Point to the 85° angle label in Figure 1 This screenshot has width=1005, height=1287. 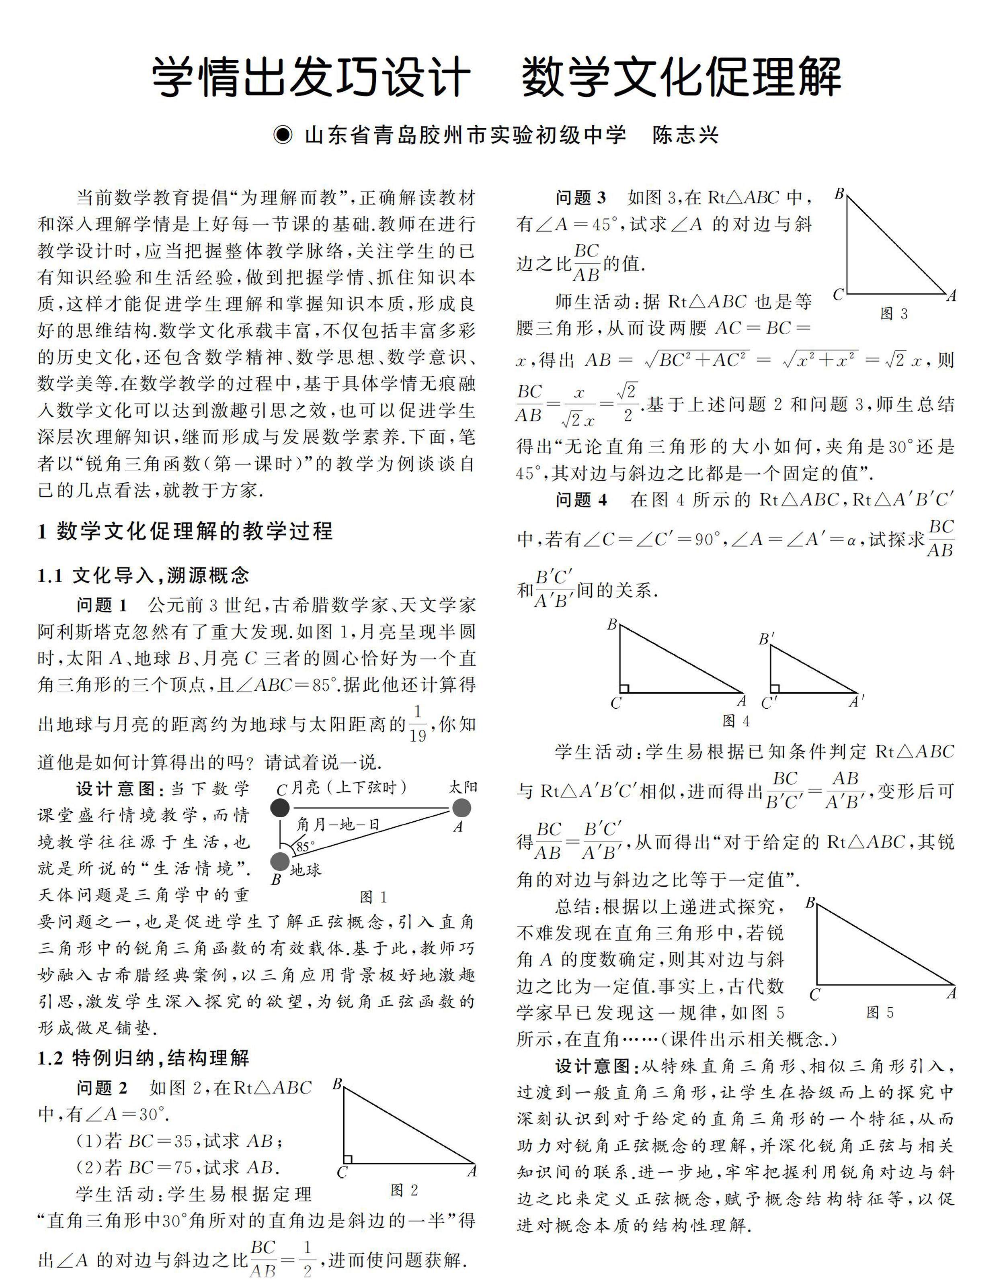pyautogui.click(x=306, y=847)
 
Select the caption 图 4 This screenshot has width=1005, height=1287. pyautogui.click(x=736, y=721)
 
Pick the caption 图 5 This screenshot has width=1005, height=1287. pyautogui.click(x=880, y=1013)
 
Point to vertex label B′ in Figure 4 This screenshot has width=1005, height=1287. pyautogui.click(x=766, y=639)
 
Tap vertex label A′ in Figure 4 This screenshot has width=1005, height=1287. pyautogui.click(x=856, y=702)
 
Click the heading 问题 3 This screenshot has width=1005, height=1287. pyautogui.click(x=580, y=198)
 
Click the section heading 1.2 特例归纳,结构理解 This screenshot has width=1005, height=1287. pyautogui.click(x=143, y=1058)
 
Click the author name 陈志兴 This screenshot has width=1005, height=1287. pyautogui.click(x=685, y=135)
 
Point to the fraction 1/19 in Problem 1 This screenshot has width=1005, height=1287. pyautogui.click(x=417, y=724)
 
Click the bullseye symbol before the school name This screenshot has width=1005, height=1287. pyautogui.click(x=283, y=135)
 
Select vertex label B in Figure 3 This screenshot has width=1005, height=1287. pyautogui.click(x=840, y=193)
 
